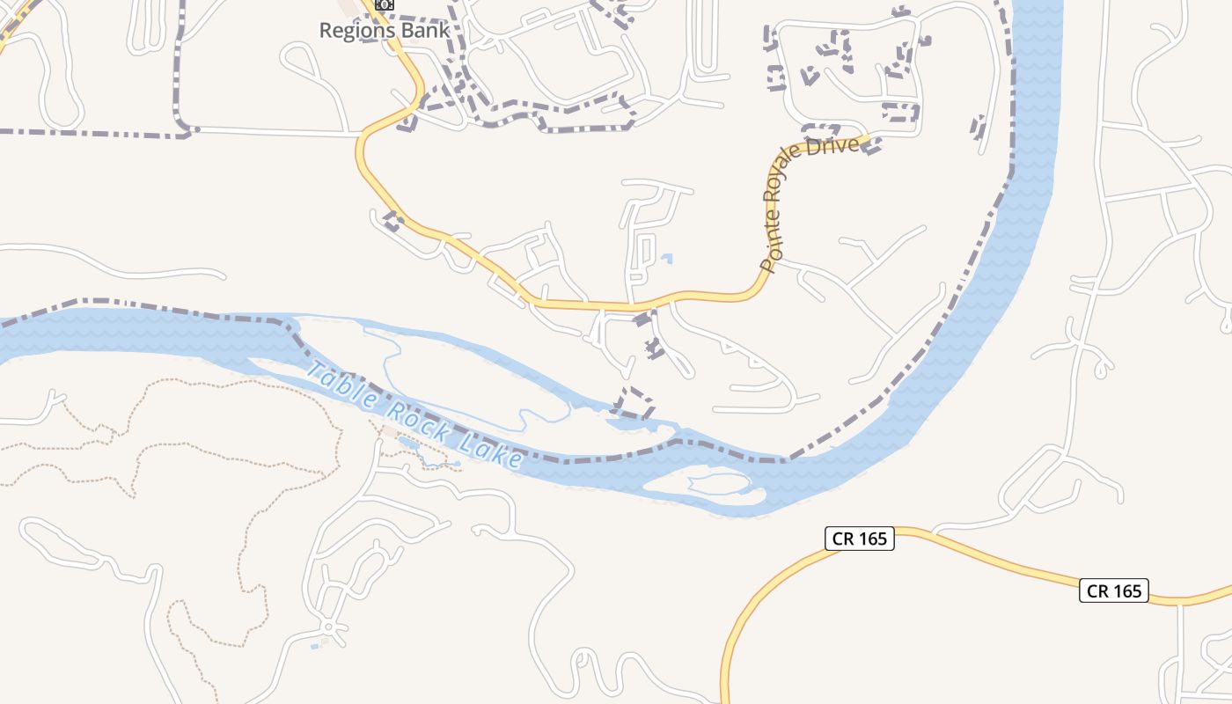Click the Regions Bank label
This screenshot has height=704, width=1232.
(x=384, y=30)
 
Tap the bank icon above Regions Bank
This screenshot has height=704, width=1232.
(x=384, y=4)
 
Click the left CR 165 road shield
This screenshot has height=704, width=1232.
(x=859, y=539)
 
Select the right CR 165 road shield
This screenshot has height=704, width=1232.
(x=1114, y=590)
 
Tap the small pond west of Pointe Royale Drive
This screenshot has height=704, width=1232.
(x=667, y=259)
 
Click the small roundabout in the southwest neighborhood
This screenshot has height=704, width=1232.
(x=328, y=627)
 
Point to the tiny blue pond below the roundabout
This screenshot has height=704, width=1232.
(x=315, y=647)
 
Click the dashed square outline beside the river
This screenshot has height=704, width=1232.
(x=634, y=404)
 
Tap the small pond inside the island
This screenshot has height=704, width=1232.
(x=717, y=481)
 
